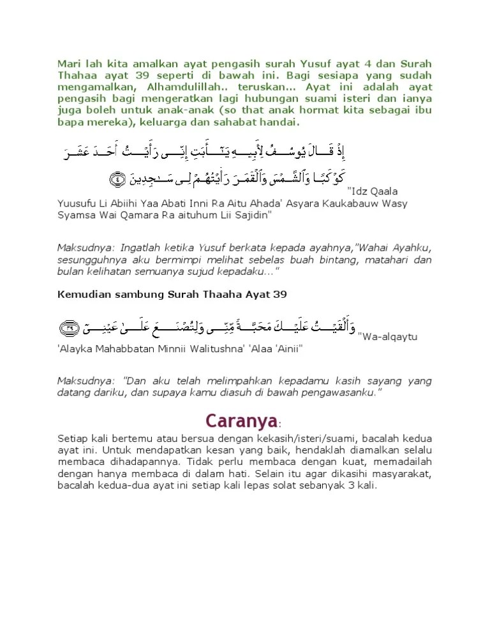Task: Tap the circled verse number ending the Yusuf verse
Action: pyautogui.click(x=119, y=179)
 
